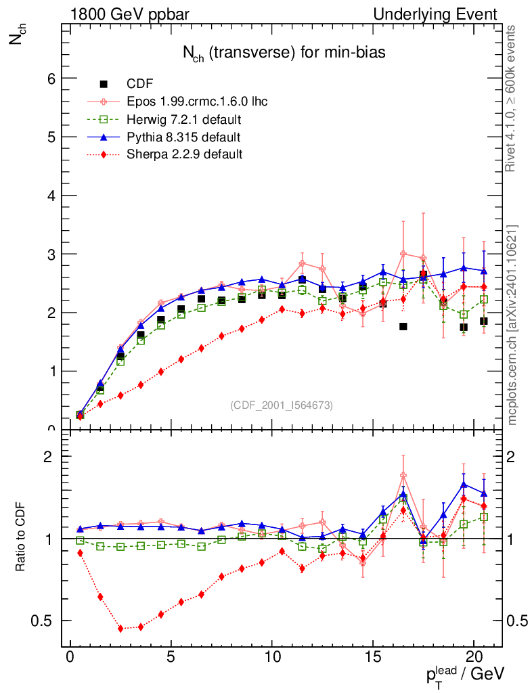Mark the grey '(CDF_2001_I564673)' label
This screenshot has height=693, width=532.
282,405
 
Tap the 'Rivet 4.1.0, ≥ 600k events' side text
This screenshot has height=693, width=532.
512,98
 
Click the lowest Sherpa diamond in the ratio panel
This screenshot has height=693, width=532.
120,629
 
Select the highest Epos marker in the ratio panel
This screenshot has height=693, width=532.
403,475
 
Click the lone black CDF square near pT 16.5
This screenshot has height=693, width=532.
403,326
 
